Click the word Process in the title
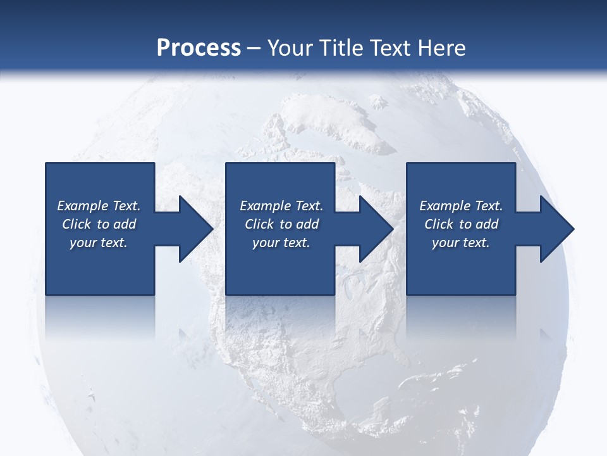click(x=199, y=48)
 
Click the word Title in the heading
click(x=340, y=48)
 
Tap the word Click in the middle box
click(x=259, y=224)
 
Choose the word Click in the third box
click(x=439, y=224)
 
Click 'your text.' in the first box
click(x=99, y=243)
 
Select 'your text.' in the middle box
click(x=281, y=243)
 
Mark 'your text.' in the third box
click(x=461, y=243)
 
